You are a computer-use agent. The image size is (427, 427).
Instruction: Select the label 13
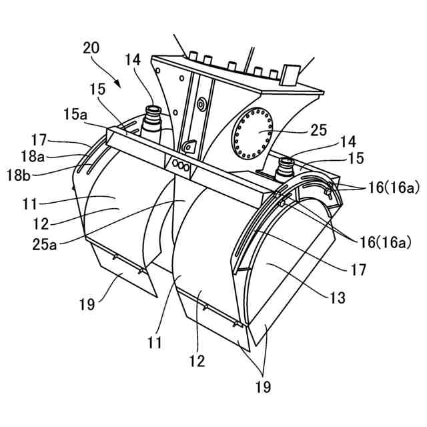(x=338, y=298)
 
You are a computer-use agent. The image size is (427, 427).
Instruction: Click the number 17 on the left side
(x=38, y=141)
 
